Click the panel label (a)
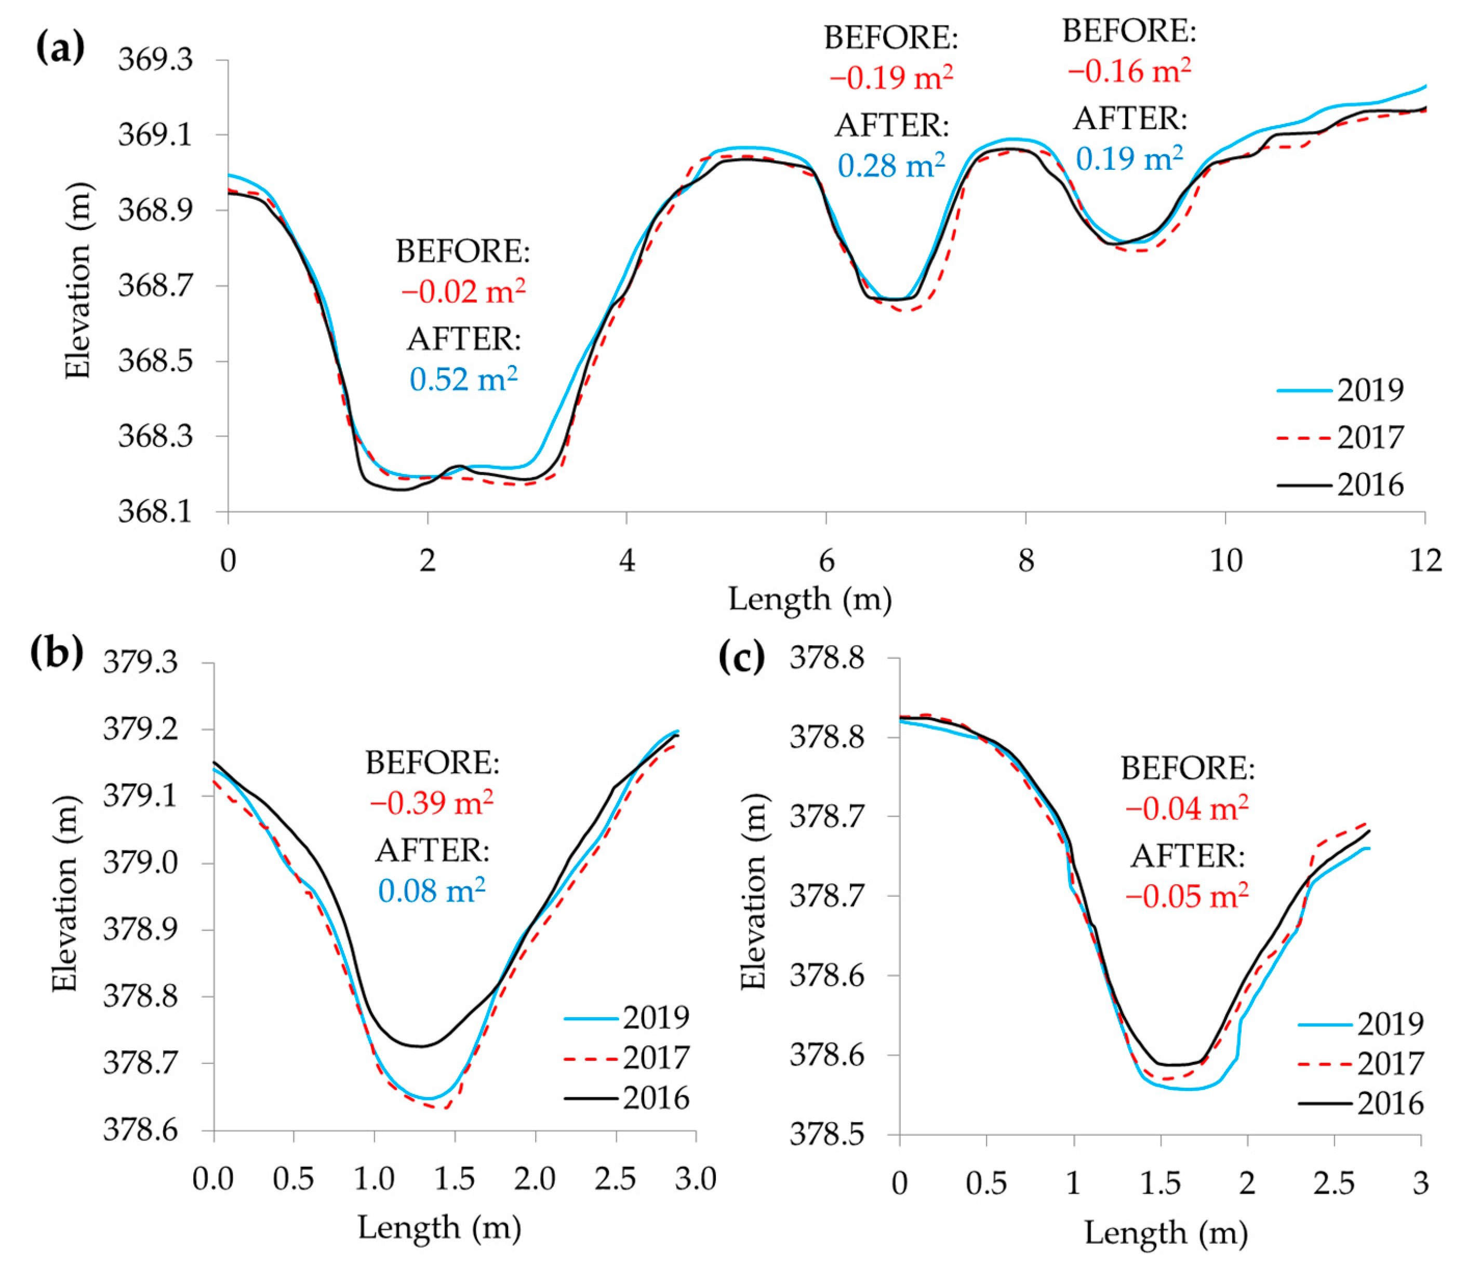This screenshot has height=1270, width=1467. click(x=60, y=48)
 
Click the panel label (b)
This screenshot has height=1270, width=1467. click(x=57, y=653)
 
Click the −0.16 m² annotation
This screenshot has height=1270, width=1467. click(x=1129, y=71)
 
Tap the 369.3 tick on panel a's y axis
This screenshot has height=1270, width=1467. click(x=155, y=60)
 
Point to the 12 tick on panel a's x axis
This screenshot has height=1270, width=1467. click(x=1425, y=561)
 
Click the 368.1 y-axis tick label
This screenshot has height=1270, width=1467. click(x=155, y=511)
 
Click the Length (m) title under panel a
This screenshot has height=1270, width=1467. click(x=810, y=600)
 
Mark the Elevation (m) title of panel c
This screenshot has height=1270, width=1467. click(x=754, y=891)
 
